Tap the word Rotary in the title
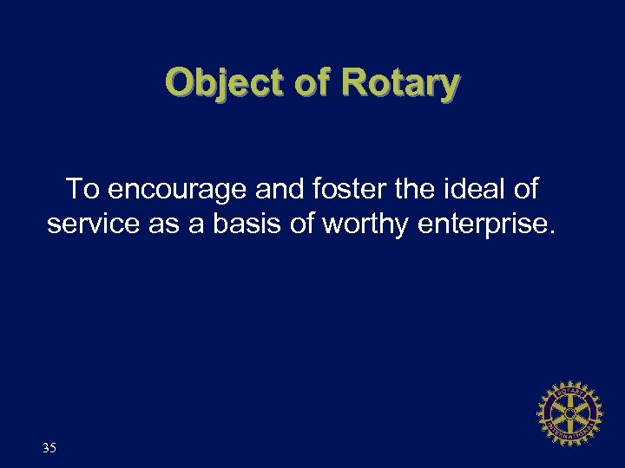[399, 83]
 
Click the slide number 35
[49, 448]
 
